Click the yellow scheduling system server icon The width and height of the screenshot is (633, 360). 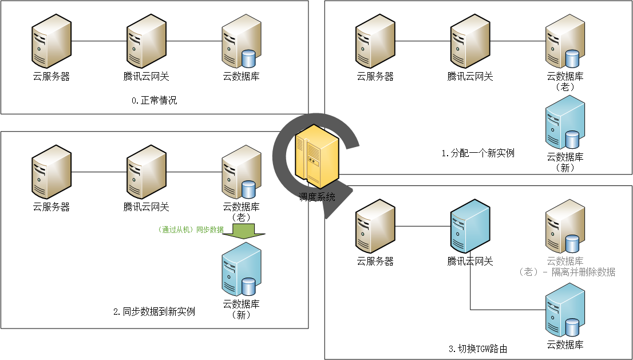(x=316, y=156)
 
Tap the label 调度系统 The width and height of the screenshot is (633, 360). (x=317, y=197)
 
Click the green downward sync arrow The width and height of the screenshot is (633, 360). (x=243, y=231)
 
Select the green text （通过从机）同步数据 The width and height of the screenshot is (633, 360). (x=190, y=230)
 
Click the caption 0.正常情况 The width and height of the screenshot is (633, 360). (x=154, y=101)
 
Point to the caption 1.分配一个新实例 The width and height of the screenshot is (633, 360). (x=478, y=153)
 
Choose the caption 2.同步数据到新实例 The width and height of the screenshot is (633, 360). (x=154, y=311)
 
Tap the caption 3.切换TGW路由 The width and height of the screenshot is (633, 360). (x=478, y=349)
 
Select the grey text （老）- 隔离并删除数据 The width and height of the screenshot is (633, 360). (x=567, y=272)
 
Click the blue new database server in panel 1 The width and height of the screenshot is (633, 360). (x=565, y=122)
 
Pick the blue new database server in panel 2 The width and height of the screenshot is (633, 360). (x=242, y=269)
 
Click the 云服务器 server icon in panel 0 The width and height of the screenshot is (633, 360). (x=52, y=41)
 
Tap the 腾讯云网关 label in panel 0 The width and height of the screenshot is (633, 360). (x=146, y=76)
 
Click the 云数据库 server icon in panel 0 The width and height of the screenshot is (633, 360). (x=242, y=41)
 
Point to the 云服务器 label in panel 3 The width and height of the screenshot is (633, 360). (x=375, y=262)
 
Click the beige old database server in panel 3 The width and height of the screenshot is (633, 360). (x=565, y=227)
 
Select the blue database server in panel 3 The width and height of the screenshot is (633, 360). (x=565, y=310)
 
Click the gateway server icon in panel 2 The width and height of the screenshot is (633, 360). (x=147, y=172)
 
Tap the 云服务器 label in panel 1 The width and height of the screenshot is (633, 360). (x=375, y=76)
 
